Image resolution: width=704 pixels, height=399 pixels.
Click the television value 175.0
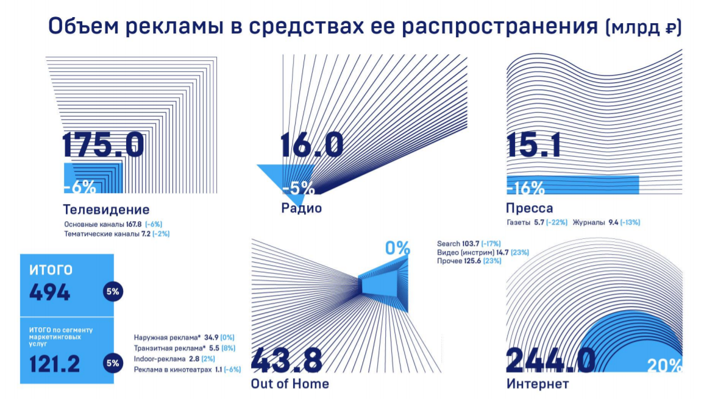pyautogui.click(x=104, y=145)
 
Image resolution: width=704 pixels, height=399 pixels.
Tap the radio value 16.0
pyautogui.click(x=311, y=145)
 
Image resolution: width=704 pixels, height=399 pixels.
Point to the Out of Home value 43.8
pyautogui.click(x=286, y=360)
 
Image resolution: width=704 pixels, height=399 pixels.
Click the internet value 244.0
pyautogui.click(x=550, y=360)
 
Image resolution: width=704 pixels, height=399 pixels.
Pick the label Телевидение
pyautogui.click(x=106, y=210)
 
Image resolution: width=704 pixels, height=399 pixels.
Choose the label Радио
pyautogui.click(x=301, y=208)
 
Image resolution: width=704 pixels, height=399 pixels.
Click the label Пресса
pyautogui.click(x=530, y=208)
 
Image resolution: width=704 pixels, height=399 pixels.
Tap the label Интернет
pyautogui.click(x=538, y=384)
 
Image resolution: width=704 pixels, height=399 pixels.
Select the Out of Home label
pyautogui.click(x=290, y=384)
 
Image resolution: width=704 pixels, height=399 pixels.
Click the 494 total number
pyautogui.click(x=50, y=292)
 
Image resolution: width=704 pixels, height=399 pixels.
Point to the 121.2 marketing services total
pyautogui.click(x=55, y=364)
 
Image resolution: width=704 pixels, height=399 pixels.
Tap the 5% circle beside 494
pyautogui.click(x=113, y=292)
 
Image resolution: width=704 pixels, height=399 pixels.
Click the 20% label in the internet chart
pyautogui.click(x=664, y=365)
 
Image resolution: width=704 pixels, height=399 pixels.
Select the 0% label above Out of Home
pyautogui.click(x=397, y=248)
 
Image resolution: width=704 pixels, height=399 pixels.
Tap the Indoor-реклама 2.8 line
pyautogui.click(x=171, y=359)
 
